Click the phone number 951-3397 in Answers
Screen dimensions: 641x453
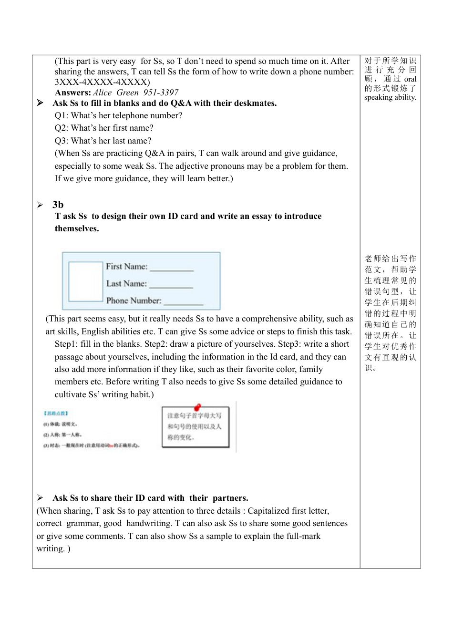tap(161, 93)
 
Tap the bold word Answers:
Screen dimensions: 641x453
tap(72, 93)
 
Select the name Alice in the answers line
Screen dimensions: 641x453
tap(102, 93)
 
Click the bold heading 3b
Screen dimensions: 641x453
tap(58, 205)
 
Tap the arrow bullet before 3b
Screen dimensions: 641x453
tap(40, 205)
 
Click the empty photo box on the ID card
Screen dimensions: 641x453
tap(86, 281)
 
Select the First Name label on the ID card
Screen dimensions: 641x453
tap(126, 267)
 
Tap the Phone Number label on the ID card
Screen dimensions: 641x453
tap(134, 300)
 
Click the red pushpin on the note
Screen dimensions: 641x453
tap(197, 407)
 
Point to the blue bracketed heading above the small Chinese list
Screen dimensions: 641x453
tap(56, 413)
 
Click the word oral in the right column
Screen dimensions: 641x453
tap(410, 79)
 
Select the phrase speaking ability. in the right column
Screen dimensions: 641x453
tap(390, 97)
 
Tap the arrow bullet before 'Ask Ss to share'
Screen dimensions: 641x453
tap(40, 498)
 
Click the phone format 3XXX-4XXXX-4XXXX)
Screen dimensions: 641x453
tap(102, 82)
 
